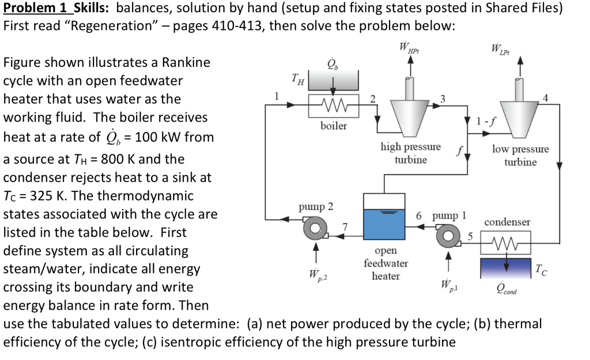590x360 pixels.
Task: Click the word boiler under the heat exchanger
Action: point(334,126)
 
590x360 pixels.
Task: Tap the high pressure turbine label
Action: point(410,153)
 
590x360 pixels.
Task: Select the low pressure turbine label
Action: point(520,156)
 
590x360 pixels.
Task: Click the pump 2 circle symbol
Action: point(314,228)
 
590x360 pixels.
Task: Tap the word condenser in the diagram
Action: point(508,222)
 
